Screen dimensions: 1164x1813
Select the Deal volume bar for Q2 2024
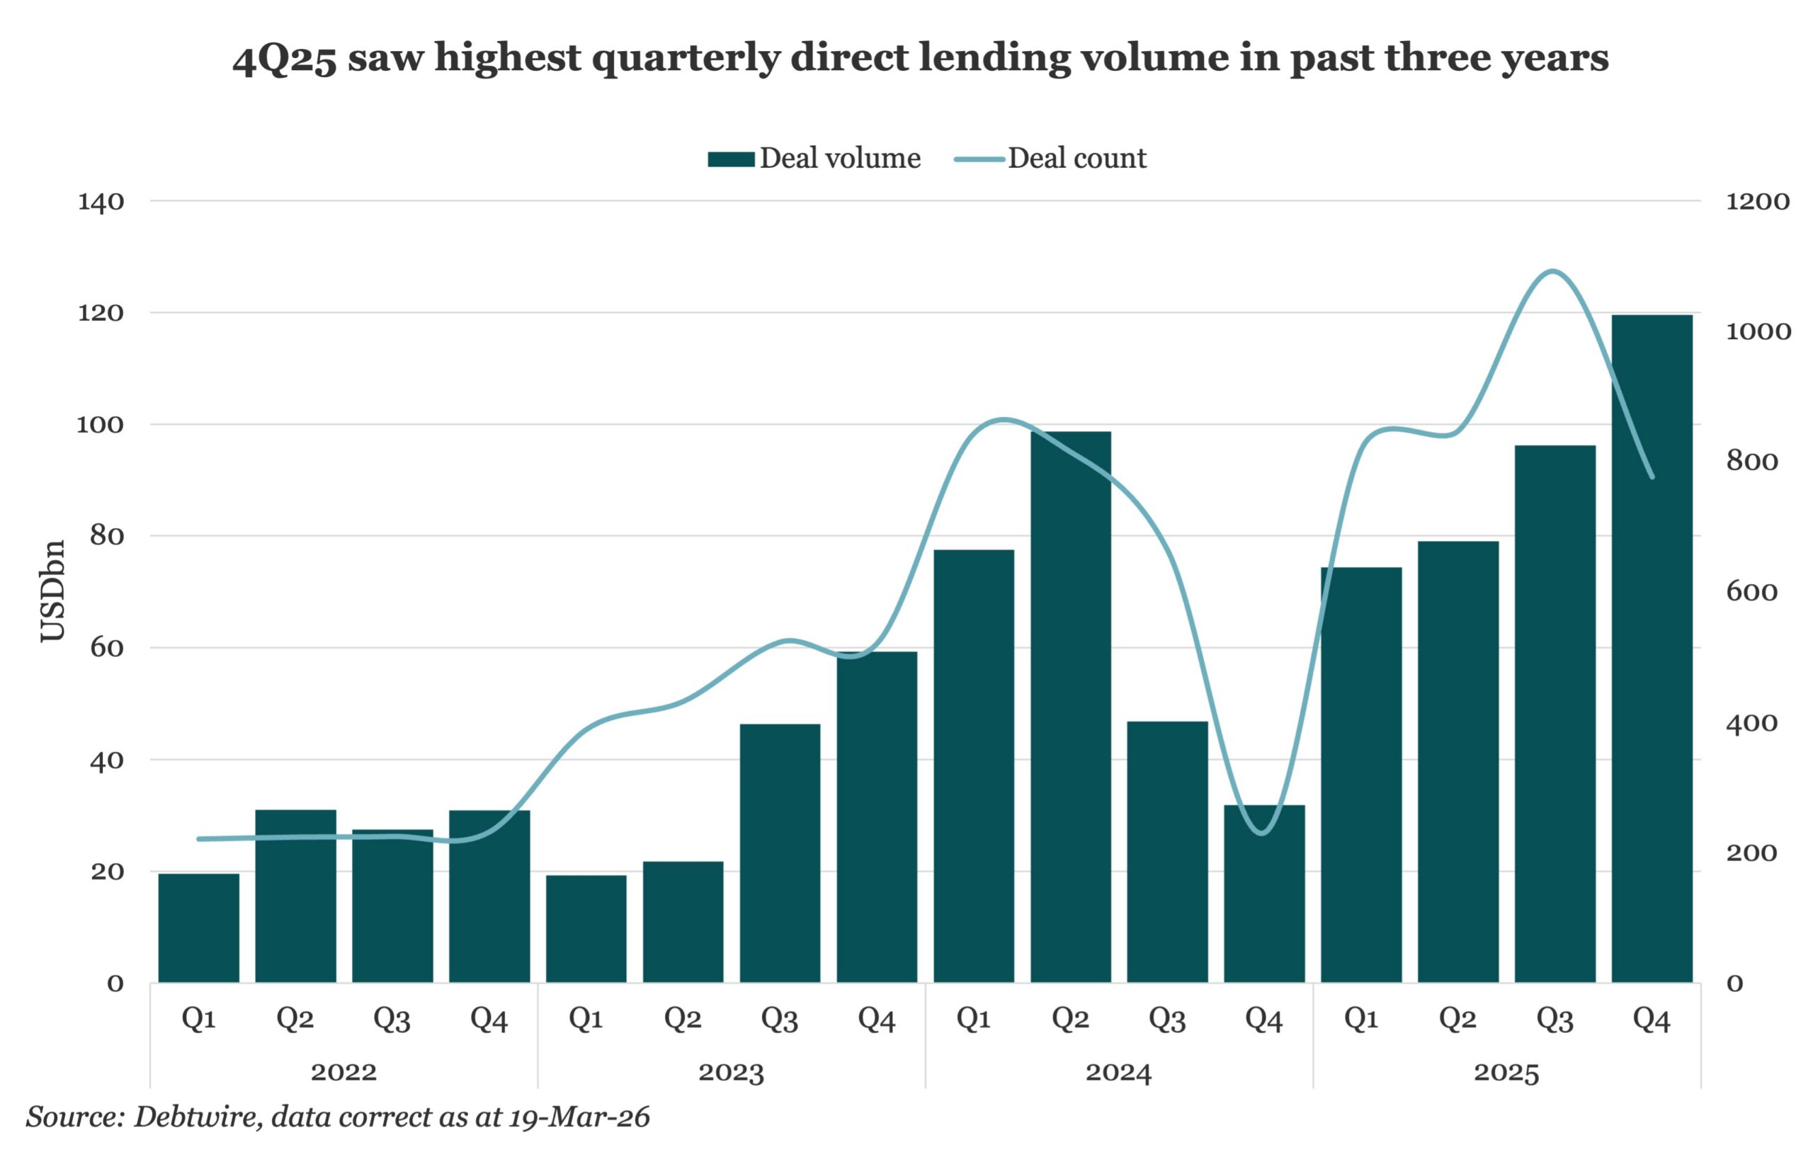click(x=1071, y=707)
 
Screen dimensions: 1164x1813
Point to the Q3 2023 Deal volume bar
click(x=780, y=853)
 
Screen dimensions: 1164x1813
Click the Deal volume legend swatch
click(x=730, y=159)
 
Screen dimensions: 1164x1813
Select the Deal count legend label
click(x=1076, y=158)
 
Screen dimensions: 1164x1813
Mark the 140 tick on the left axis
click(x=101, y=202)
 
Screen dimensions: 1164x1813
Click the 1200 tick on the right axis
click(x=1757, y=202)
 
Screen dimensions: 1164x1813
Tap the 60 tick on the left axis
click(x=107, y=648)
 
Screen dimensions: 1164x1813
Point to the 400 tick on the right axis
click(x=1751, y=724)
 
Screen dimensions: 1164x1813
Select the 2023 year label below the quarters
click(x=731, y=1073)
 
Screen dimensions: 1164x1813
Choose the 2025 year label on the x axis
click(x=1506, y=1073)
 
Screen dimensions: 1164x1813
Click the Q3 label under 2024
click(x=1166, y=1020)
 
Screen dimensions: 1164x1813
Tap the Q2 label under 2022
click(x=295, y=1020)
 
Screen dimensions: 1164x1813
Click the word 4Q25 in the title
click(x=283, y=59)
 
